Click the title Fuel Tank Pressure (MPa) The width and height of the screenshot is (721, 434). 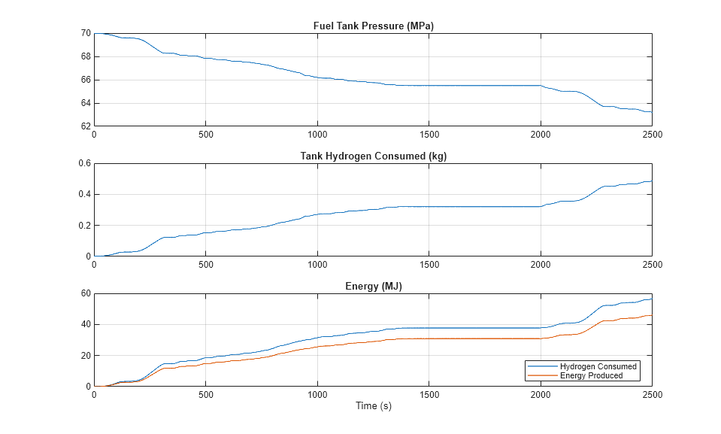click(x=373, y=26)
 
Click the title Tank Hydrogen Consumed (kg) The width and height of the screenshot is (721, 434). click(x=373, y=156)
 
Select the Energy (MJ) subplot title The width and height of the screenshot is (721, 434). click(x=373, y=287)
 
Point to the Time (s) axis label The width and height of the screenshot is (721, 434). click(x=373, y=406)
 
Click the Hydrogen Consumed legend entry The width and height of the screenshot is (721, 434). click(x=598, y=366)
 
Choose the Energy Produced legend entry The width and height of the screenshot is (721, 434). click(x=591, y=375)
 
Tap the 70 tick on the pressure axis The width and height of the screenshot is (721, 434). click(x=85, y=33)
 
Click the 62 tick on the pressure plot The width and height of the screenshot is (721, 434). click(x=85, y=126)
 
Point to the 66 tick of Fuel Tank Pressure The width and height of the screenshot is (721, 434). click(x=85, y=80)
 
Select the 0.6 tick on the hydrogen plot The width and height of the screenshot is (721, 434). click(x=83, y=163)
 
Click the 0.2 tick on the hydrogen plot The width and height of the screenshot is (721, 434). click(x=83, y=226)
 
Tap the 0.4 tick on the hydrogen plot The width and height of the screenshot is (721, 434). click(x=83, y=194)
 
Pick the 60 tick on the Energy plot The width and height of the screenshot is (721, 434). click(x=85, y=293)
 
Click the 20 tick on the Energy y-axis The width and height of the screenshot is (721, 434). click(x=85, y=355)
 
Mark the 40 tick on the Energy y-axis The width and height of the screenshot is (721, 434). click(x=85, y=324)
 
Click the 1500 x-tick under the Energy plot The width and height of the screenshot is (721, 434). click(x=429, y=395)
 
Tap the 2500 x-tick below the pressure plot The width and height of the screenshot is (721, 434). click(x=651, y=135)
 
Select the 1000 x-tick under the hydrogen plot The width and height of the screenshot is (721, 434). click(x=317, y=265)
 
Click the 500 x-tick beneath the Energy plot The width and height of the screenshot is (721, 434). click(x=205, y=395)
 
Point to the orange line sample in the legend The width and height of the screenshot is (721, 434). click(x=542, y=375)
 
